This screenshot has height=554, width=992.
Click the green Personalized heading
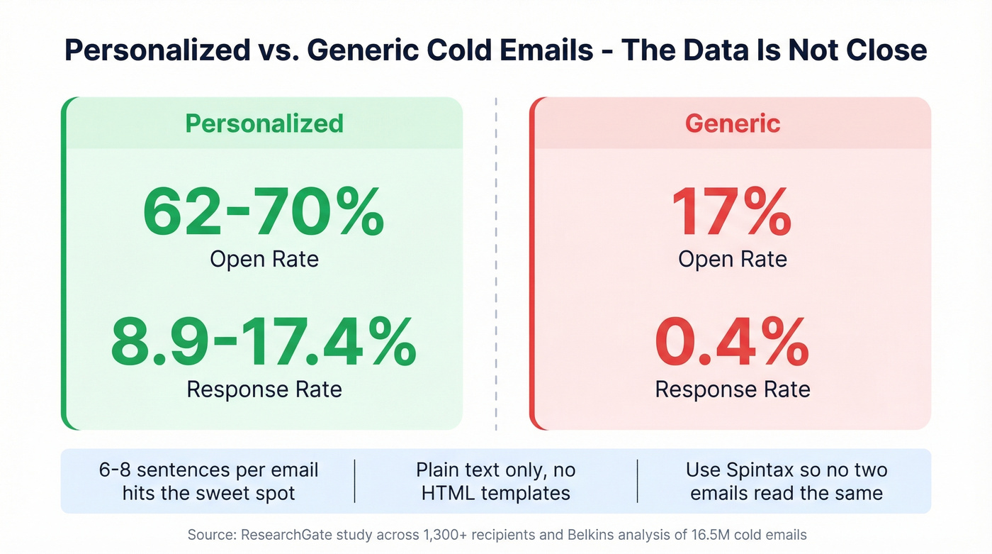coord(264,123)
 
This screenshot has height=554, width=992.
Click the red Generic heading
coord(733,123)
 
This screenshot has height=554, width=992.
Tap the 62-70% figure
coord(264,211)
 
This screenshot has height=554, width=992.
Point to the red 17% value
coord(732,211)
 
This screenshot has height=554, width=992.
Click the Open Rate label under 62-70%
coord(264,259)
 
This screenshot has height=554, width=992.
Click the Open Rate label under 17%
coord(733,259)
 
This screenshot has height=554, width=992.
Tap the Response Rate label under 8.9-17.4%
coord(264,389)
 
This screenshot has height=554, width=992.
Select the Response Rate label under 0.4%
coord(733,389)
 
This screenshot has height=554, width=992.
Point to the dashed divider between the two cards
coord(496,262)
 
